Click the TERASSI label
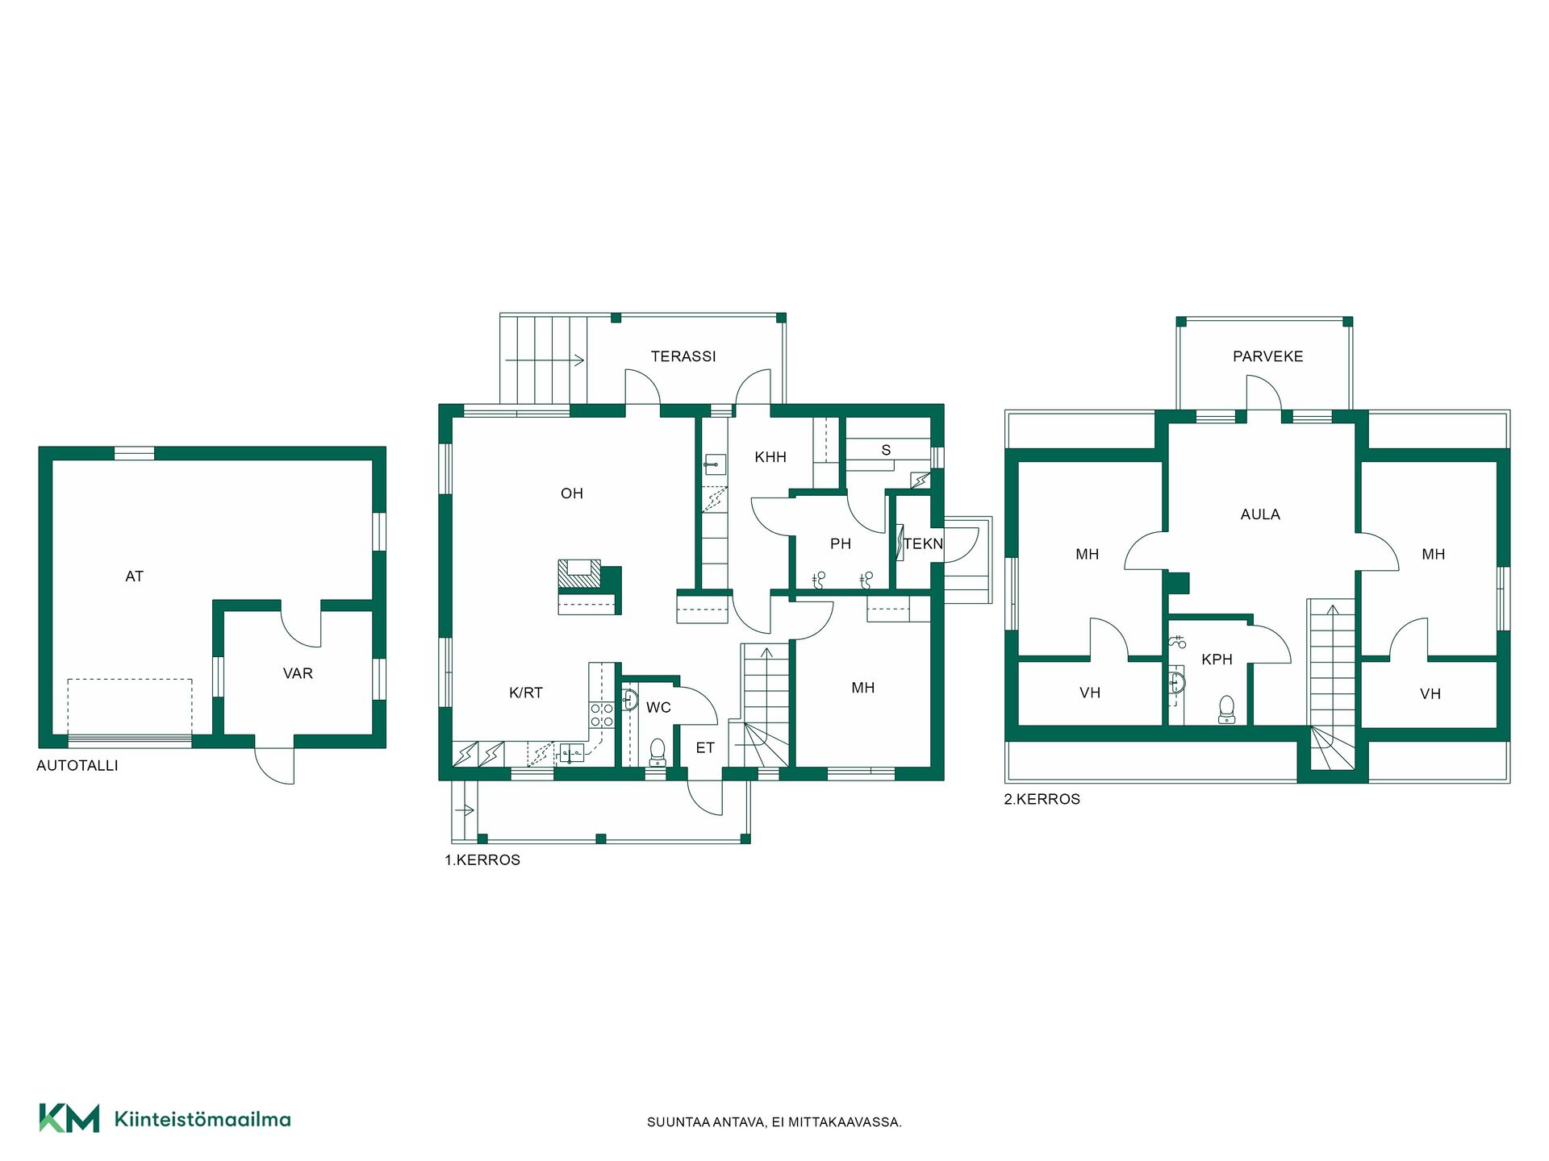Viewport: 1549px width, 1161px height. click(x=683, y=356)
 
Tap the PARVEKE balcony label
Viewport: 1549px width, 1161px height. click(x=1267, y=356)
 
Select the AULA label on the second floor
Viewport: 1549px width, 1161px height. click(x=1260, y=514)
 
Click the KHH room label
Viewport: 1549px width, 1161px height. click(x=770, y=457)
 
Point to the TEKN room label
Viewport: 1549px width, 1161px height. click(x=923, y=543)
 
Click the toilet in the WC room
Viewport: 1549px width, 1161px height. click(x=658, y=752)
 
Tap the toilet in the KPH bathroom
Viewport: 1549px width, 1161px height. click(x=1226, y=709)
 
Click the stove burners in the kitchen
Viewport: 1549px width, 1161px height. click(x=602, y=715)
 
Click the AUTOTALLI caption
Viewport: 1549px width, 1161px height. click(x=77, y=766)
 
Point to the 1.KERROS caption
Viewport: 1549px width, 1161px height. click(x=482, y=860)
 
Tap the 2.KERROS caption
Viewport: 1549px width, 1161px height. click(x=1042, y=799)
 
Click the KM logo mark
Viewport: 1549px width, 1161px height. click(x=69, y=1118)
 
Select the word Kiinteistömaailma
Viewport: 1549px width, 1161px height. click(x=202, y=1119)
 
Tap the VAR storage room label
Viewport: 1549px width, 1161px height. click(x=298, y=673)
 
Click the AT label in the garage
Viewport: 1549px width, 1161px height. click(x=135, y=576)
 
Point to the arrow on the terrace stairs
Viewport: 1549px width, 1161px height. click(x=545, y=360)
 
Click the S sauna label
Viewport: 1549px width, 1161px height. click(x=886, y=450)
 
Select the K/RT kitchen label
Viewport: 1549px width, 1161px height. click(x=526, y=693)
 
